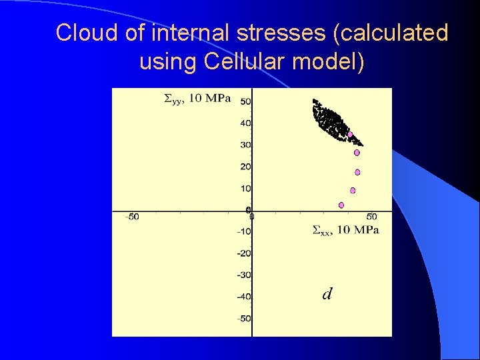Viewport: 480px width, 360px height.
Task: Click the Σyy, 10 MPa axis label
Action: pyautogui.click(x=197, y=99)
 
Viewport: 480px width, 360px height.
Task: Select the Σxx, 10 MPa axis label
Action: pyautogui.click(x=345, y=231)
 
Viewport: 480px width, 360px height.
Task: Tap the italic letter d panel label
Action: pyautogui.click(x=327, y=294)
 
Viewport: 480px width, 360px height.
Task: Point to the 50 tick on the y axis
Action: pyautogui.click(x=245, y=101)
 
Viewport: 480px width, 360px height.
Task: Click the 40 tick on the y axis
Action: pyautogui.click(x=245, y=123)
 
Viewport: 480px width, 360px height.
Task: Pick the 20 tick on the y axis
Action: pyautogui.click(x=245, y=167)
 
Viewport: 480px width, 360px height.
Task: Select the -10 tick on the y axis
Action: pyautogui.click(x=243, y=231)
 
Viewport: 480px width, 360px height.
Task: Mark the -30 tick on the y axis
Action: pyautogui.click(x=243, y=275)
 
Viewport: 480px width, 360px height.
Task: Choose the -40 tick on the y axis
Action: pyautogui.click(x=243, y=297)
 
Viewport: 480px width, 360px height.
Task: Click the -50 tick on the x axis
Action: pyautogui.click(x=133, y=217)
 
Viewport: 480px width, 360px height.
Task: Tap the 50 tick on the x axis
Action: pyautogui.click(x=371, y=217)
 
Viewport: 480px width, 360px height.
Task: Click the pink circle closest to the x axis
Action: pyautogui.click(x=341, y=205)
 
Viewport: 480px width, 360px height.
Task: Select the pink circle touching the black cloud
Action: pyautogui.click(x=350, y=135)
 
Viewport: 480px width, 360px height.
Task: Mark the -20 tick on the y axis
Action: pyautogui.click(x=243, y=253)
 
